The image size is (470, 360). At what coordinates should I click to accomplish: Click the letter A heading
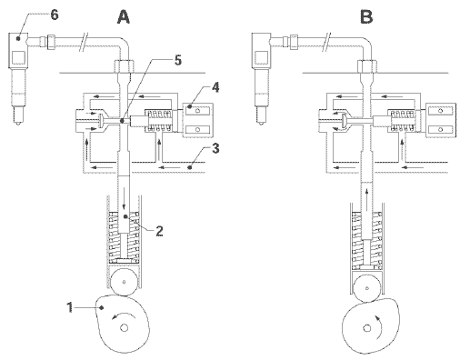click(x=124, y=16)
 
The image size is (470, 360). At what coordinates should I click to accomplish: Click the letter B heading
click(x=366, y=16)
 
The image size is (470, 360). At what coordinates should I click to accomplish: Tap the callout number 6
click(x=55, y=15)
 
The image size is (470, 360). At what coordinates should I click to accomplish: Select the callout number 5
click(x=178, y=60)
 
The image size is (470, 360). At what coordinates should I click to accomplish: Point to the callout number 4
click(x=215, y=87)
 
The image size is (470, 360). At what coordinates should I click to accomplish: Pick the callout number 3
click(x=215, y=148)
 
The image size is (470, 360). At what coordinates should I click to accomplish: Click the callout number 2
click(x=159, y=231)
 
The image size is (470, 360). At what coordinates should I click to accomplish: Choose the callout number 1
click(x=70, y=307)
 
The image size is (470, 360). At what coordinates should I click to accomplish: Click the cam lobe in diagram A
click(x=123, y=325)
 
